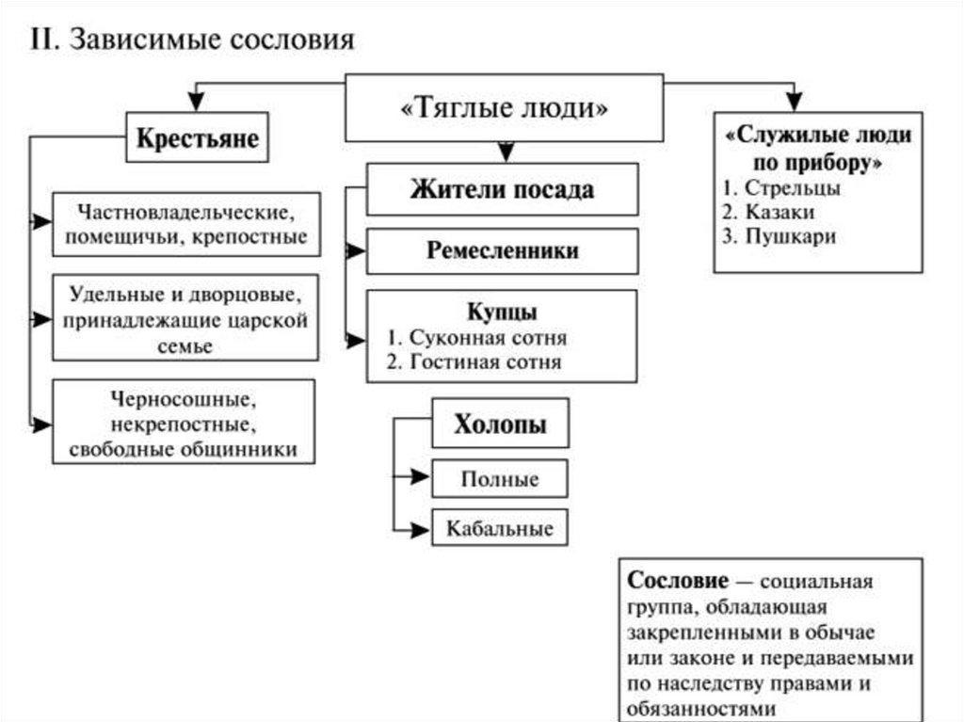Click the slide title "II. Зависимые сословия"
tap(192, 40)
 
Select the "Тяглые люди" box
tap(504, 108)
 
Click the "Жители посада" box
tap(502, 189)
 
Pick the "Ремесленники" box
tap(502, 251)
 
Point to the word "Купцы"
tap(502, 311)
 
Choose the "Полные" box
tap(500, 478)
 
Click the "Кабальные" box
tap(500, 527)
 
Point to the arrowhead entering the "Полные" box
tap(423, 477)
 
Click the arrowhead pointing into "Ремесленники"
tap(358, 251)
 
